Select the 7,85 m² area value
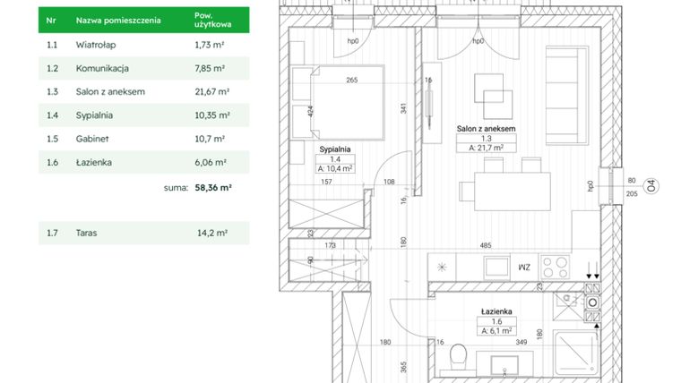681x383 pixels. [210, 67]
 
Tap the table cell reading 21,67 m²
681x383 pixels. [212, 91]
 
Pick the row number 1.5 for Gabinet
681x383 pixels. [52, 140]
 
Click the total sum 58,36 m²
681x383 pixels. [213, 188]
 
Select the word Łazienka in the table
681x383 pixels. [95, 163]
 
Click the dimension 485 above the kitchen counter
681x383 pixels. [485, 245]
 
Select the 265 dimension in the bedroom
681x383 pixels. [351, 80]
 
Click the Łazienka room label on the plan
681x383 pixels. [496, 311]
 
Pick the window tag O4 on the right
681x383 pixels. [653, 186]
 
